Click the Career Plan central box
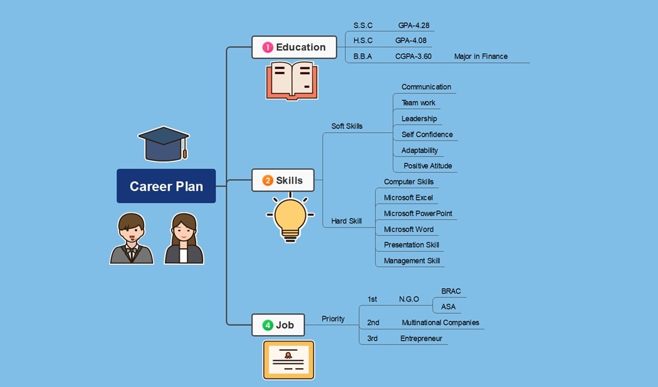point(166,186)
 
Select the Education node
point(294,47)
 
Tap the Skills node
point(283,180)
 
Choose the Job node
point(278,325)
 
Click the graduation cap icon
point(164,143)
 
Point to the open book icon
point(291,80)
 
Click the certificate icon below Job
point(288,359)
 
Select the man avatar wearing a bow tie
point(132,239)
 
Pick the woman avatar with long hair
point(184,239)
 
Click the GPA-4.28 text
point(414,26)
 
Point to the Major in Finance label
point(481,56)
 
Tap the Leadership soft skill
point(419,119)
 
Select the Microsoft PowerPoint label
point(418,214)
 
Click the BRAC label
point(451,291)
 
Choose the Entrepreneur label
point(421,339)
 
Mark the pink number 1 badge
point(268,47)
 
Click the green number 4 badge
point(268,325)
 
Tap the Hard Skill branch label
point(346,221)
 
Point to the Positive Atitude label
point(427,166)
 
